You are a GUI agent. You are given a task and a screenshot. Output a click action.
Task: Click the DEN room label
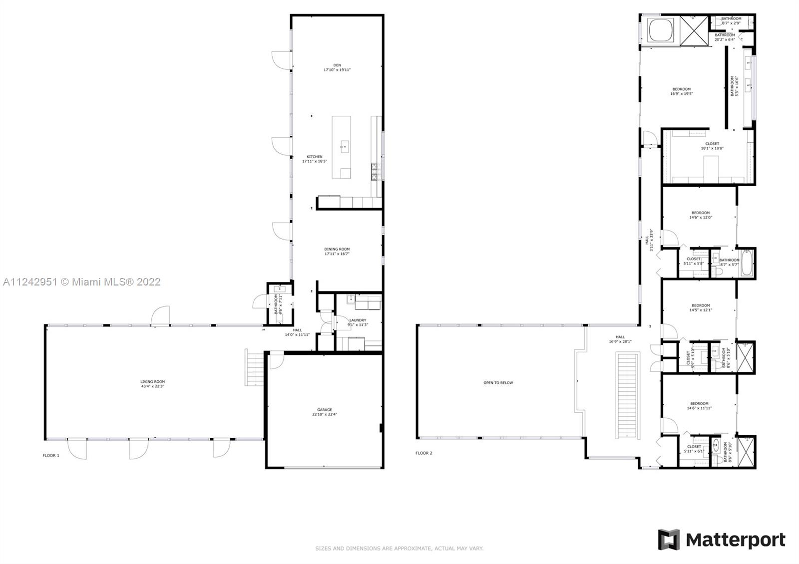tap(337, 67)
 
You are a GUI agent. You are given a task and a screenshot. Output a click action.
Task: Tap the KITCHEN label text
tap(315, 159)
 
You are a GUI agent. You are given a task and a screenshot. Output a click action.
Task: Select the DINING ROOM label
tap(337, 252)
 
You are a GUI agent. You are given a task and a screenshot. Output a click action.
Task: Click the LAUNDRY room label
tap(358, 322)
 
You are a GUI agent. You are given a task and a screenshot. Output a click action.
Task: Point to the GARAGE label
tap(325, 412)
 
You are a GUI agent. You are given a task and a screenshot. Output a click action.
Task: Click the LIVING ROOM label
tap(152, 384)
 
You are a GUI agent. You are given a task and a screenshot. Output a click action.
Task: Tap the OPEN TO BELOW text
tap(498, 383)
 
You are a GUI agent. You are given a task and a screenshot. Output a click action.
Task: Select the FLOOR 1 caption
tap(51, 455)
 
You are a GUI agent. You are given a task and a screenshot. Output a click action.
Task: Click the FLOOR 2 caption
tap(424, 453)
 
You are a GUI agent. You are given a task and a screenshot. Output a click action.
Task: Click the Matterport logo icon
tap(669, 540)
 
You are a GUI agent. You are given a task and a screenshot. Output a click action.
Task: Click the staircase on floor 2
tap(628, 395)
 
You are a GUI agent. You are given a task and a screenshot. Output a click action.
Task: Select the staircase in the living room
tap(253, 367)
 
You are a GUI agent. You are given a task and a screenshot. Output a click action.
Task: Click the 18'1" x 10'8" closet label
tap(712, 146)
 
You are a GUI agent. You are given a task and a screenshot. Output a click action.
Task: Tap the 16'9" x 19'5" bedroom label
tap(682, 91)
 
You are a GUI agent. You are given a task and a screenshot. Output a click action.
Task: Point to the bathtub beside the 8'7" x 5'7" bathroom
tap(747, 263)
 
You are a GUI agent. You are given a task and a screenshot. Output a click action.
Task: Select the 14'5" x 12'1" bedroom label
tap(701, 307)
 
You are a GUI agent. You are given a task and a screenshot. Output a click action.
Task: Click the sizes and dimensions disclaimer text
tap(399, 549)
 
